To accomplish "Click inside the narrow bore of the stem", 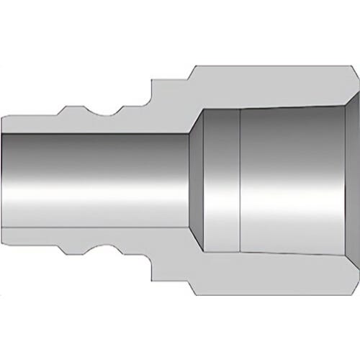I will [94, 180].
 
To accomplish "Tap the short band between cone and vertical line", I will [220, 180].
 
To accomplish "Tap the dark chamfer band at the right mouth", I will [348, 180].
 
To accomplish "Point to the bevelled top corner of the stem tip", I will [6, 116].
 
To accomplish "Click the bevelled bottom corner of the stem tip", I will [6, 244].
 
